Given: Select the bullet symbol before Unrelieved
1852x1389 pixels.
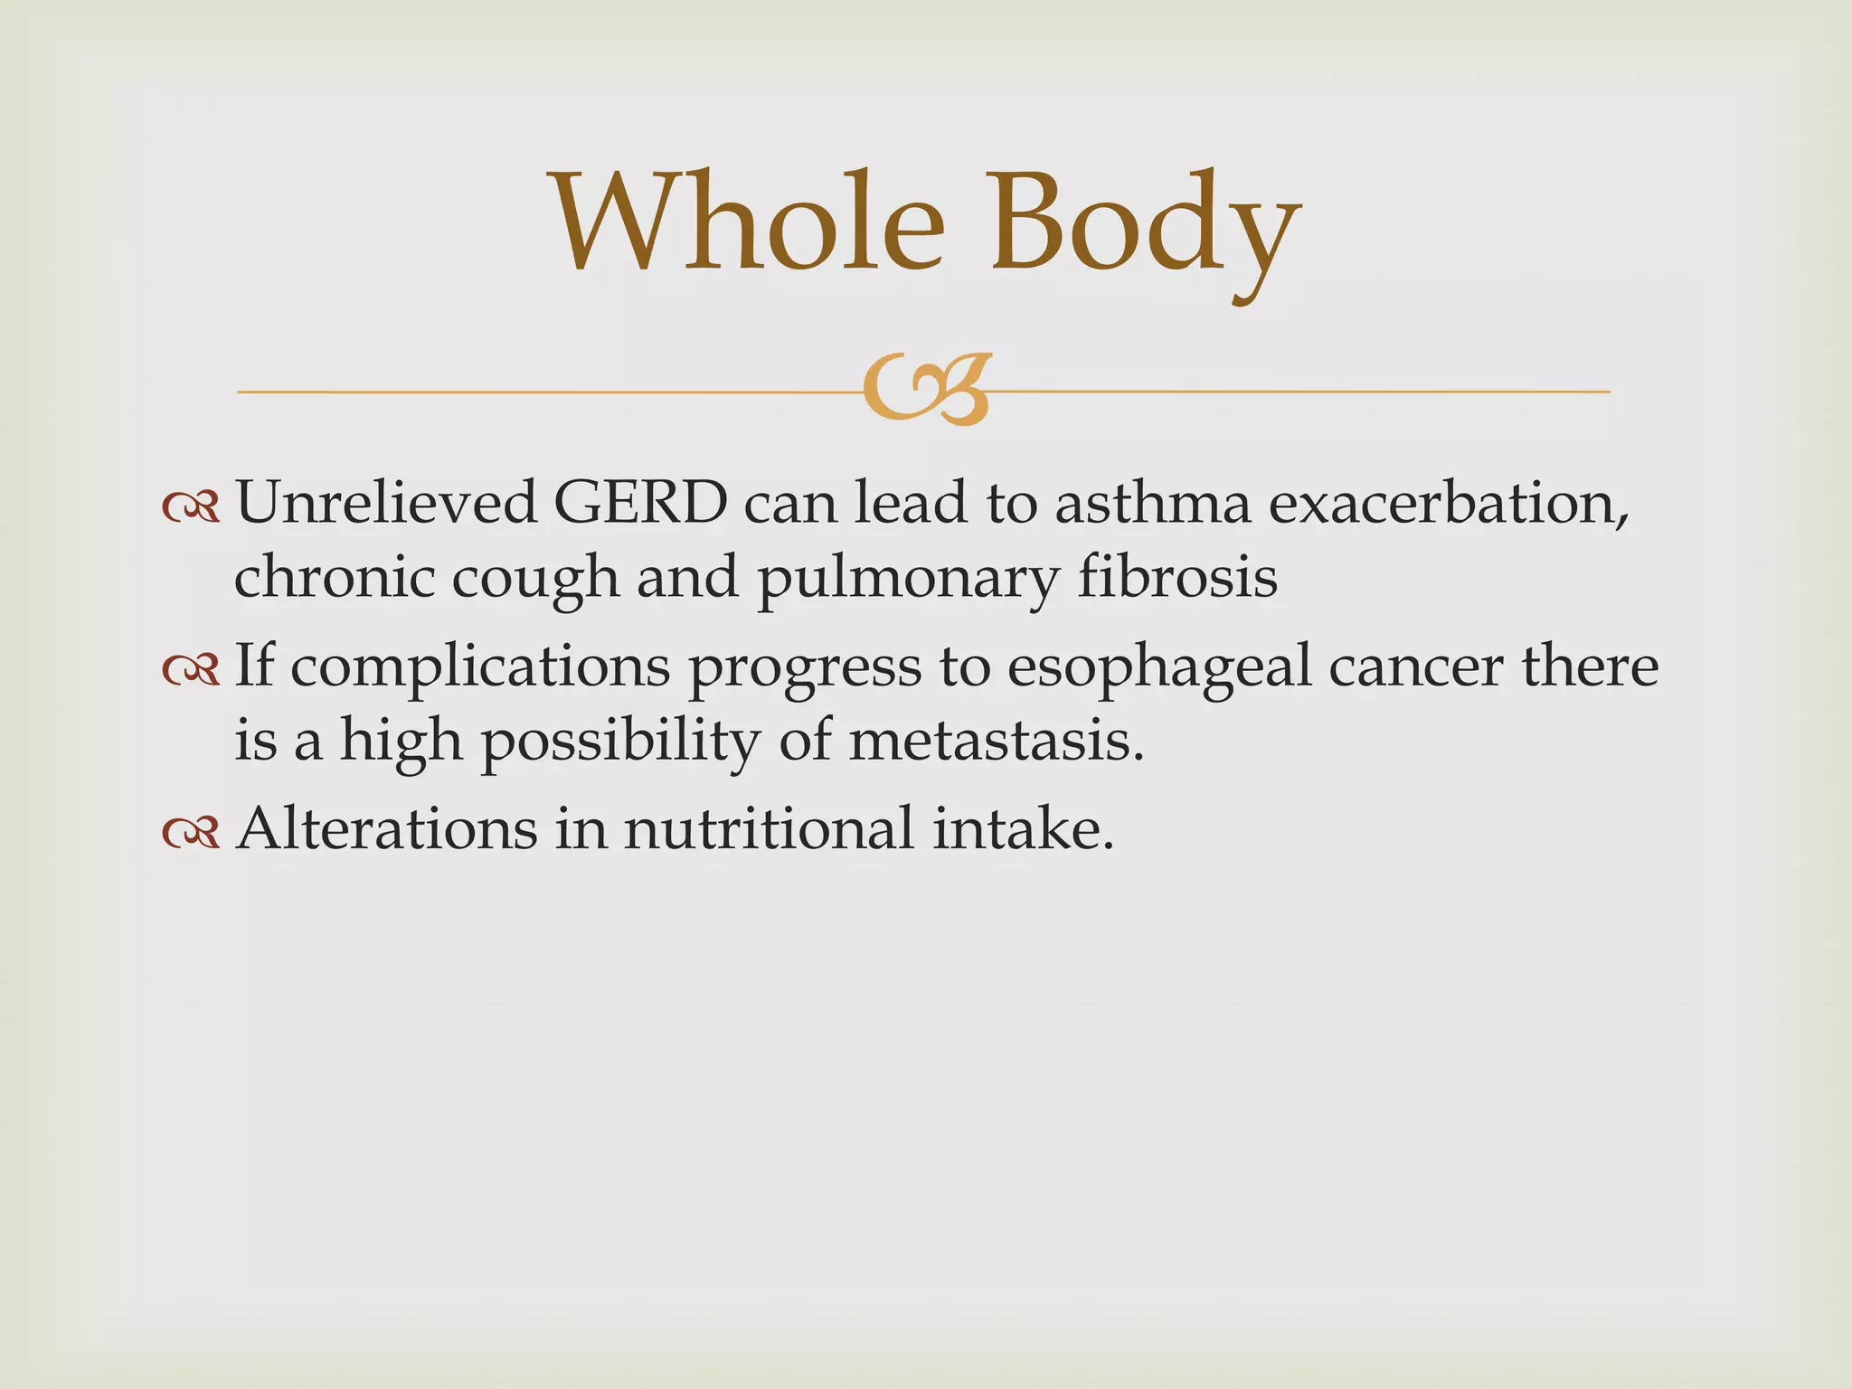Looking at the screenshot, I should [191, 507].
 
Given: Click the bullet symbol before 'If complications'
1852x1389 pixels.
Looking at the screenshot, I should [191, 670].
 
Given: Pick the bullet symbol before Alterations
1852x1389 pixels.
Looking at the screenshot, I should [191, 833].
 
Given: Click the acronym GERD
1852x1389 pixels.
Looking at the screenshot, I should [640, 503].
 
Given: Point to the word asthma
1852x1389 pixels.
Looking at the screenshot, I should [1153, 503].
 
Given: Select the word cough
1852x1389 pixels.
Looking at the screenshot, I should [535, 579].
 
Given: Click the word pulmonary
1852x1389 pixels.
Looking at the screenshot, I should [907, 579].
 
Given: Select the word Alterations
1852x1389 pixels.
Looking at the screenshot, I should [386, 828].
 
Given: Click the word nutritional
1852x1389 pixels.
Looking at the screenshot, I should [769, 828].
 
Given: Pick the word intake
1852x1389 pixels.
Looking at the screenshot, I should [1022, 828].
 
